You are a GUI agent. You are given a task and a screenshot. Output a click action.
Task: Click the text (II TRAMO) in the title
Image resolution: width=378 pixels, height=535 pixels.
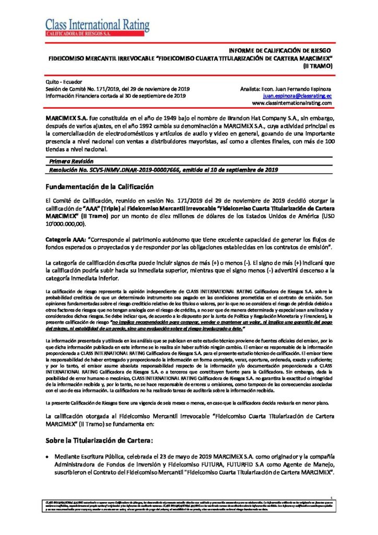pyautogui.click(x=317, y=66)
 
